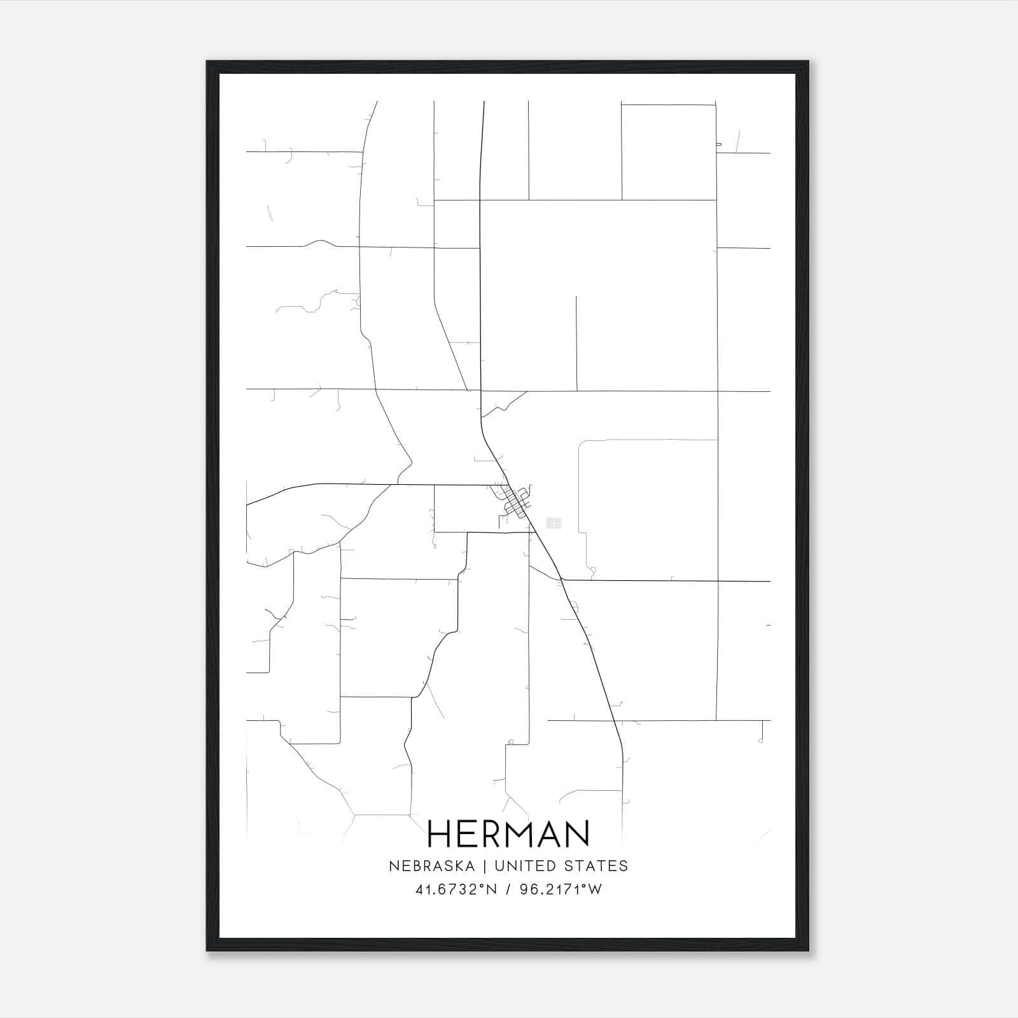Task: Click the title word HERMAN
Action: [508, 833]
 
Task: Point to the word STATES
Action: [597, 866]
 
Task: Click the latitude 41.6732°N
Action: [456, 889]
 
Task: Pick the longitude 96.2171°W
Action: [561, 889]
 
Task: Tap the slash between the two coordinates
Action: [508, 889]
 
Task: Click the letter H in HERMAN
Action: [440, 833]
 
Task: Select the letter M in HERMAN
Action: [517, 833]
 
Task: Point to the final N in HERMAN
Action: [577, 833]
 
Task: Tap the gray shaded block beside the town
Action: [554, 523]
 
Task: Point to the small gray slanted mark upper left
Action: [269, 213]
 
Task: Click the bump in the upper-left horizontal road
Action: [321, 242]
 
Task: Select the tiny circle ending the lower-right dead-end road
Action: [761, 741]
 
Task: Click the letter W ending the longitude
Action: [595, 889]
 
